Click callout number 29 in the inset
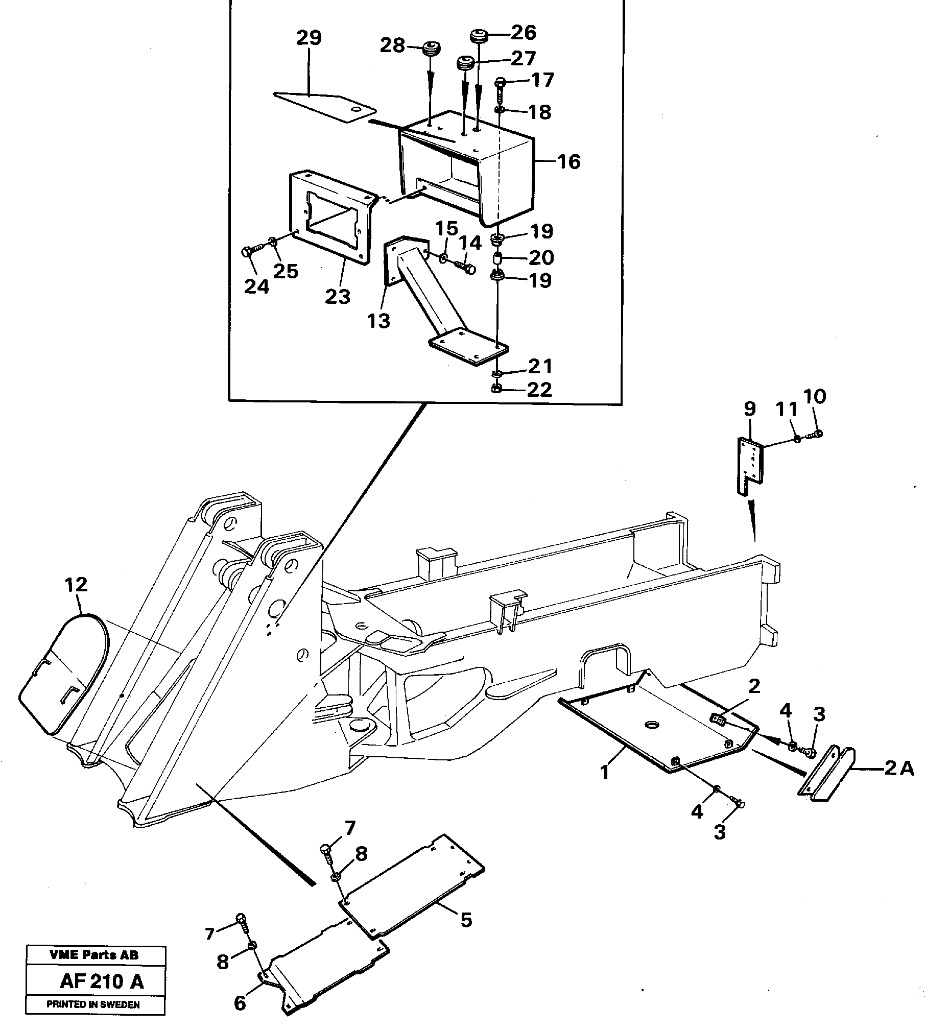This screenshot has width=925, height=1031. (309, 38)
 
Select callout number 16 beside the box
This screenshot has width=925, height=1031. (568, 162)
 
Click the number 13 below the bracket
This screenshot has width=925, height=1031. (378, 321)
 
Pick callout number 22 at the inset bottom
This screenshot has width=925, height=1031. (539, 390)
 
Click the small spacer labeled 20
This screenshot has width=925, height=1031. (497, 259)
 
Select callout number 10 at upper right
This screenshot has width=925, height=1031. (814, 396)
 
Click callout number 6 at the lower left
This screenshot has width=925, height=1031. (240, 1003)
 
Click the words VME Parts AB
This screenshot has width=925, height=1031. (94, 955)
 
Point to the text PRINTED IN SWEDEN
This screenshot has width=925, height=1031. (93, 1004)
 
